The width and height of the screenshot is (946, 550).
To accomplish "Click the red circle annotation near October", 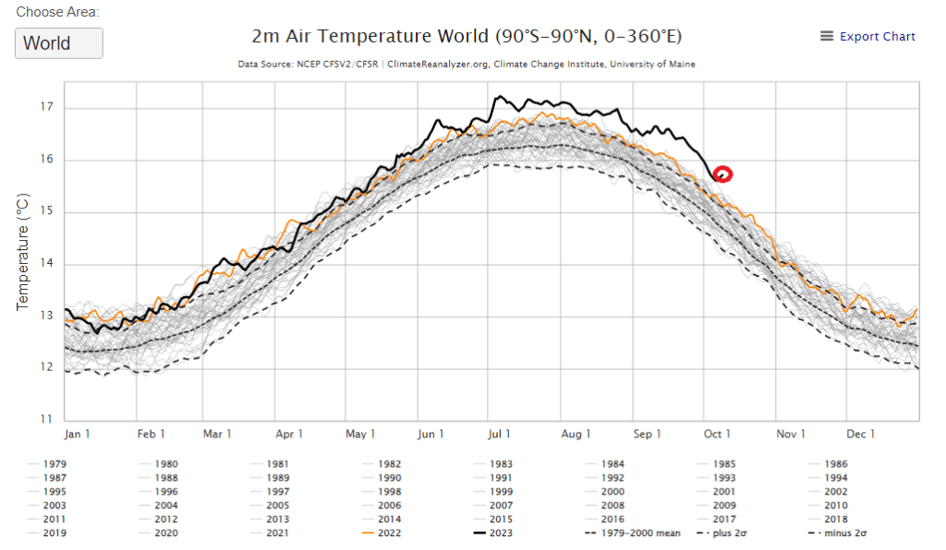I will [x=722, y=173].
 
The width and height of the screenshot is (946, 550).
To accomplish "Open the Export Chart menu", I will [x=867, y=37].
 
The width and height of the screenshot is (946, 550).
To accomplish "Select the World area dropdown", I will [x=59, y=43].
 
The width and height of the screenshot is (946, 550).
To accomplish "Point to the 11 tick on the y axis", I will [x=47, y=420].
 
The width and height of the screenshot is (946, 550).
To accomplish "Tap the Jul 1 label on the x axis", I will [x=499, y=434].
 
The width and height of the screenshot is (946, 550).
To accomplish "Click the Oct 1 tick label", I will [x=717, y=434].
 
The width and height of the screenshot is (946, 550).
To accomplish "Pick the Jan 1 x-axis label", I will [x=78, y=434].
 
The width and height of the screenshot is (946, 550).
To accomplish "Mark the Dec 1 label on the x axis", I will [x=859, y=434].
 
